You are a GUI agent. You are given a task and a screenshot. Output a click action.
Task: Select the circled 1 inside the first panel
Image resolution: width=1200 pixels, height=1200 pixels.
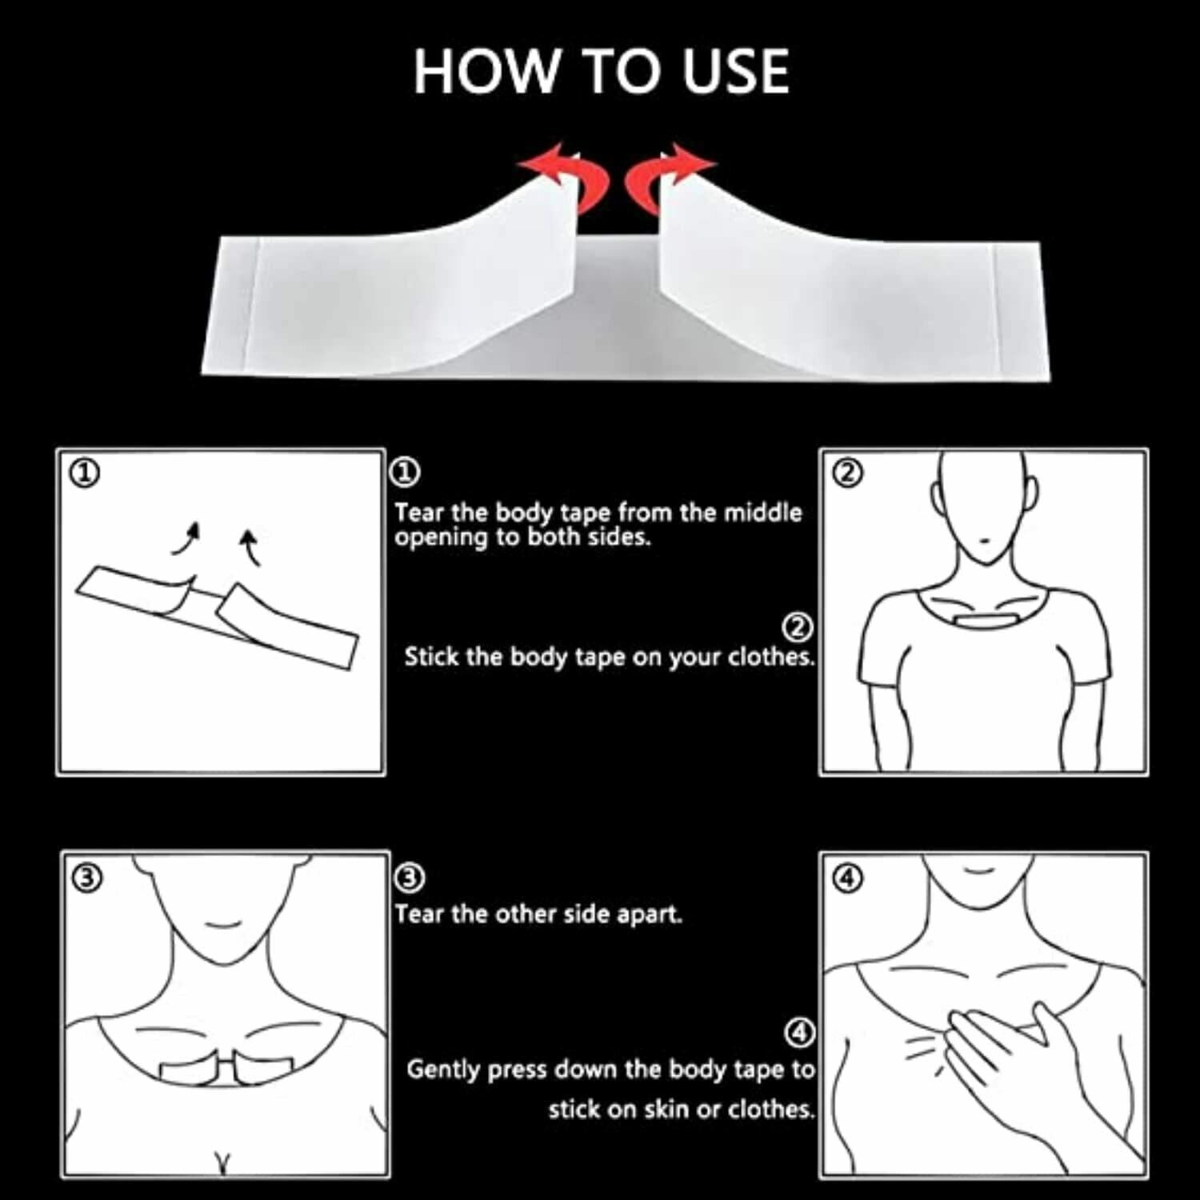pos(85,474)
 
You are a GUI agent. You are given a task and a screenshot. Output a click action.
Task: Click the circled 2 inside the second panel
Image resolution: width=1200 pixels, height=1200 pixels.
pos(848,473)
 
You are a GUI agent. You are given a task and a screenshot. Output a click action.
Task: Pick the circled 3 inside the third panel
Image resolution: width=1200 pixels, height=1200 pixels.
pos(87,878)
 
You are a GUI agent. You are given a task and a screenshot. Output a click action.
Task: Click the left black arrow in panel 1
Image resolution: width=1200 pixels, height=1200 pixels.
pos(186,538)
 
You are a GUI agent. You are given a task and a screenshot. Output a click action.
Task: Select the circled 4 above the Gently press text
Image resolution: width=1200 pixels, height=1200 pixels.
pos(799,1033)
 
